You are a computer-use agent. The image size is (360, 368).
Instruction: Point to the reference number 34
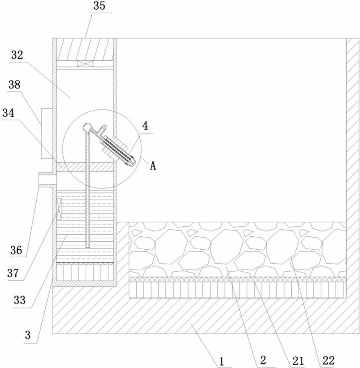click(x=9, y=113)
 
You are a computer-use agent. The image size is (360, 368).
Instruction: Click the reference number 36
click(x=16, y=251)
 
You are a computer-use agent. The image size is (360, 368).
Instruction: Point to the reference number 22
click(x=329, y=360)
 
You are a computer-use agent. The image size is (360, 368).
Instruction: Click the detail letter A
click(x=153, y=166)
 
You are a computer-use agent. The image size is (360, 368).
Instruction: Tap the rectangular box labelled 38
click(x=46, y=132)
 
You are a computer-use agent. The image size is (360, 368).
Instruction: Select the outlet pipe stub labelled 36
click(x=47, y=179)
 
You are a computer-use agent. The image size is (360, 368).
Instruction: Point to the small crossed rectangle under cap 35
click(x=85, y=65)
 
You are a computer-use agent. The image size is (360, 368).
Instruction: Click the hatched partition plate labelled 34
click(x=85, y=167)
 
